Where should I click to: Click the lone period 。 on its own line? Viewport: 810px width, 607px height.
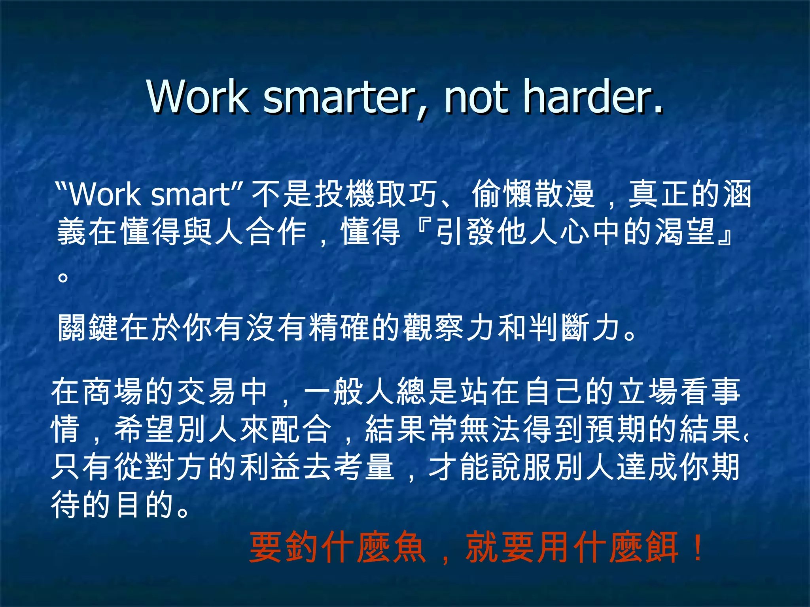[x=62, y=276]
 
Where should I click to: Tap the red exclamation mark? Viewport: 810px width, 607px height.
[x=698, y=547]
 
